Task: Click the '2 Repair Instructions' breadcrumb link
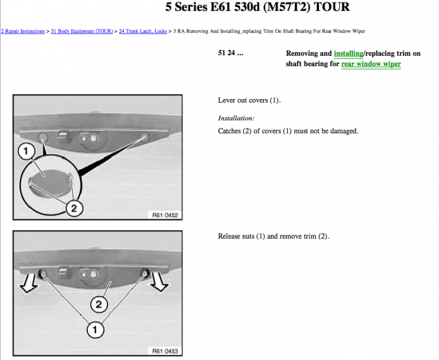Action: coord(23,31)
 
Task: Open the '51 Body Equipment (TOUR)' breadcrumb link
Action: coord(82,31)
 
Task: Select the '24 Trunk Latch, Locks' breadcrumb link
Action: coord(143,31)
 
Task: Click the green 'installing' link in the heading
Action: coord(348,53)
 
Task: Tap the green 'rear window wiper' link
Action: coord(371,64)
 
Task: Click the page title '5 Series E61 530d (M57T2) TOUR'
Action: coord(257,7)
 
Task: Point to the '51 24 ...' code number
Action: coord(231,53)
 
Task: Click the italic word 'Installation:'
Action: coord(236,118)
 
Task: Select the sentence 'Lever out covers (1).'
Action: coord(249,100)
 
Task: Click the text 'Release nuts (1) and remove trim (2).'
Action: coord(273,236)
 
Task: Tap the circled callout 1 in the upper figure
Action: coord(26,151)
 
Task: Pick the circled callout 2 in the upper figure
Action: coord(74,208)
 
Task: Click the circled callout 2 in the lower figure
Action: coord(99,304)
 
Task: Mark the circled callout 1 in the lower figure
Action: coord(95,329)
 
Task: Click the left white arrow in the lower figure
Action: coord(29,283)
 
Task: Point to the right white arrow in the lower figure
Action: coord(159,281)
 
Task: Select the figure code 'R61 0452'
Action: coord(165,215)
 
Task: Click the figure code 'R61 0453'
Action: coord(165,351)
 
